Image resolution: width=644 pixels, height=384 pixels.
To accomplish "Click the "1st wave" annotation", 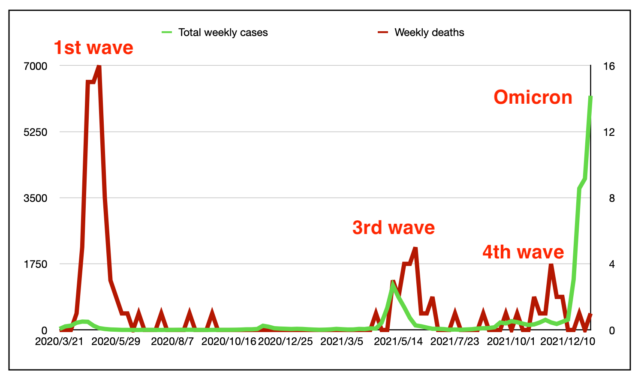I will (x=93, y=48).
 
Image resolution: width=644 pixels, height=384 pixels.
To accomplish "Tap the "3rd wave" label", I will (x=394, y=228).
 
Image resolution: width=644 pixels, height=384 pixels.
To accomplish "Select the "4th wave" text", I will (x=523, y=252).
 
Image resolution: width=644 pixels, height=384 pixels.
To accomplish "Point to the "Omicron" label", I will (x=533, y=97).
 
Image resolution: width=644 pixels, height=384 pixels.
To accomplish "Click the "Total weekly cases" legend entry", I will (x=223, y=33).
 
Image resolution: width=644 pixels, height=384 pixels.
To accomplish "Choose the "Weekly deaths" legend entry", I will (x=429, y=33).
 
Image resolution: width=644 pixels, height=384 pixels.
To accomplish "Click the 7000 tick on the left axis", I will (x=36, y=66).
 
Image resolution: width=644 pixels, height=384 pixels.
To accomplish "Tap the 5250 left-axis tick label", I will (x=36, y=132).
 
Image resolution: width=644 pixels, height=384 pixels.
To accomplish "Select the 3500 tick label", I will (x=36, y=198).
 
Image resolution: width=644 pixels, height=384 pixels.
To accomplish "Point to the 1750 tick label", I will (x=36, y=264).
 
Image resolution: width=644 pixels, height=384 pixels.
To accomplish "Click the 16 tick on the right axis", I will (x=609, y=66).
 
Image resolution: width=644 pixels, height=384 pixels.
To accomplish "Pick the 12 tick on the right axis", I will (x=609, y=132).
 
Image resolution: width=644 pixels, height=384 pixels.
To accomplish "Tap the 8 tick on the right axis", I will (x=612, y=198).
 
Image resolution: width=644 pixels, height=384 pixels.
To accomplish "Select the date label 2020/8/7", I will (x=172, y=342).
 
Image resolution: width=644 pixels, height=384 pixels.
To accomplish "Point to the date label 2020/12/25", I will (x=285, y=342).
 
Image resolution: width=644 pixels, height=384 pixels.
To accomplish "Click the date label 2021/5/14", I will (x=398, y=342).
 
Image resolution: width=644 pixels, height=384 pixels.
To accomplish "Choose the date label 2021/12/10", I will (x=568, y=342).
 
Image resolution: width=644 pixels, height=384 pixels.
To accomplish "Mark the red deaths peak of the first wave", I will (x=99, y=66).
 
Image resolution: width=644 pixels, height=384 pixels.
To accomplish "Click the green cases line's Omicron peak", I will (x=591, y=97).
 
